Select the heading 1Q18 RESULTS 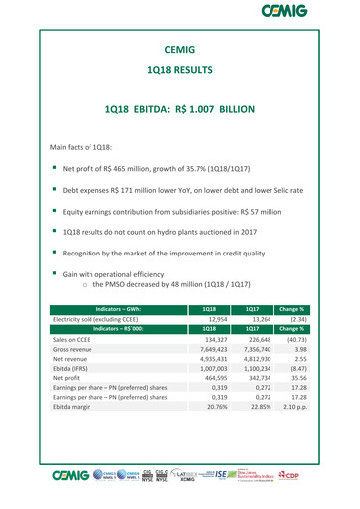point(179,71)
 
